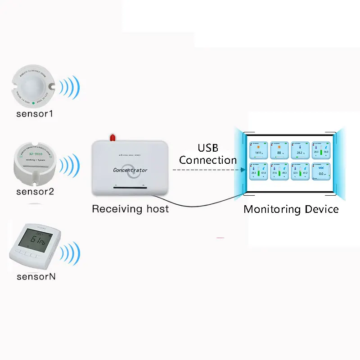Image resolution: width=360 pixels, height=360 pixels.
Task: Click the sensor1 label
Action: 35,114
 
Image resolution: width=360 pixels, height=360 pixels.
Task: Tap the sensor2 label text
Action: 35,191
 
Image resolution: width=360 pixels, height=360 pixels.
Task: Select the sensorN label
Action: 36,276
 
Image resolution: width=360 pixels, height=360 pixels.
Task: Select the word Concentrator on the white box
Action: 130,170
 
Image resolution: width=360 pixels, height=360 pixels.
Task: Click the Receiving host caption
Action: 130,209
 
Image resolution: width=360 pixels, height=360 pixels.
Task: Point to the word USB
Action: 208,148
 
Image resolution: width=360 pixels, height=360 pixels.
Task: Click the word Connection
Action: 208,160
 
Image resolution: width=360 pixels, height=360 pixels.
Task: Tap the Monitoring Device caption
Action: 291,209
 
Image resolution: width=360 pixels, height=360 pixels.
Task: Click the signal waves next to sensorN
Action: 70,253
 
